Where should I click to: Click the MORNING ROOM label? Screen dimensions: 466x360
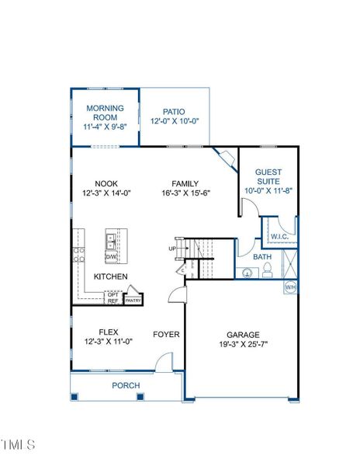click(105, 113)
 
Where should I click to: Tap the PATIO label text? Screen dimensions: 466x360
click(175, 112)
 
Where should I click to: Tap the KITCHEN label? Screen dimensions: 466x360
click(111, 276)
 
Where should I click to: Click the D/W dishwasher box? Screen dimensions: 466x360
click(111, 256)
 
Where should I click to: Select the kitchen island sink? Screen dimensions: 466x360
click(111, 240)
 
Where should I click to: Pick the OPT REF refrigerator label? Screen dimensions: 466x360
click(112, 298)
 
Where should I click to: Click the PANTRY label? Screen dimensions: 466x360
click(133, 300)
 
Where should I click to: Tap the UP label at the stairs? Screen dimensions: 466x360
click(171, 249)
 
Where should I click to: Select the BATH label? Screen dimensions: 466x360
click(262, 256)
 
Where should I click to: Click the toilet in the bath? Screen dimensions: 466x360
click(268, 270)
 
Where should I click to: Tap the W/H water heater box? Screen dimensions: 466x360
click(290, 287)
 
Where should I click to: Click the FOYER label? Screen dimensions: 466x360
click(166, 335)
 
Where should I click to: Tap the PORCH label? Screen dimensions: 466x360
click(126, 385)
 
